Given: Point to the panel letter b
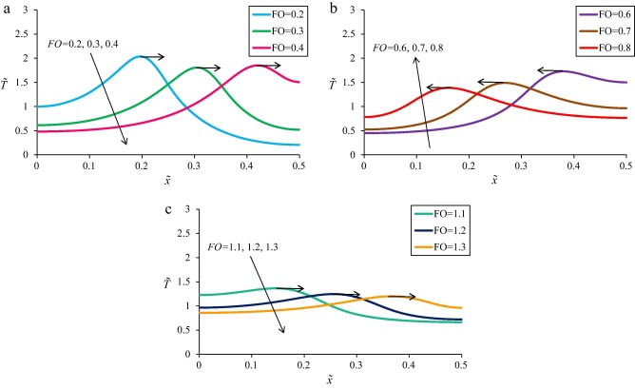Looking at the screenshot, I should point(329,8).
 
